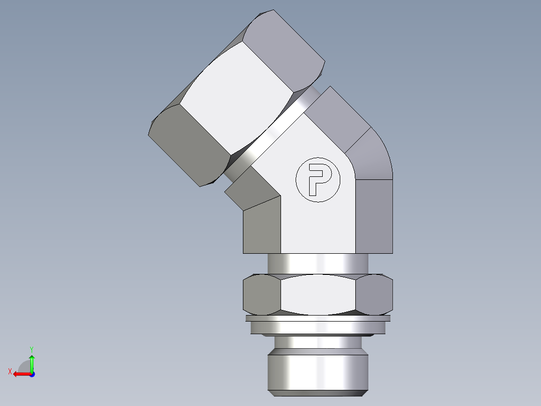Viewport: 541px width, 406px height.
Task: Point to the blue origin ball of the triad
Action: tap(32, 374)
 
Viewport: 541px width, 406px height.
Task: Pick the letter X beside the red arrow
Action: tap(10, 371)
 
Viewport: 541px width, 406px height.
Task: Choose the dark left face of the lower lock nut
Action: tap(261, 295)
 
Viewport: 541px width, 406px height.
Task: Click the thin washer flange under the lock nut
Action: tap(318, 318)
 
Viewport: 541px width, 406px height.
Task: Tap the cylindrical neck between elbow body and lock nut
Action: tap(318, 263)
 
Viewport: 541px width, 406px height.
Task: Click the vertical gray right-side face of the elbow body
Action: tap(374, 216)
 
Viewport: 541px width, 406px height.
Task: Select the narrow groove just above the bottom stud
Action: tap(318, 342)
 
